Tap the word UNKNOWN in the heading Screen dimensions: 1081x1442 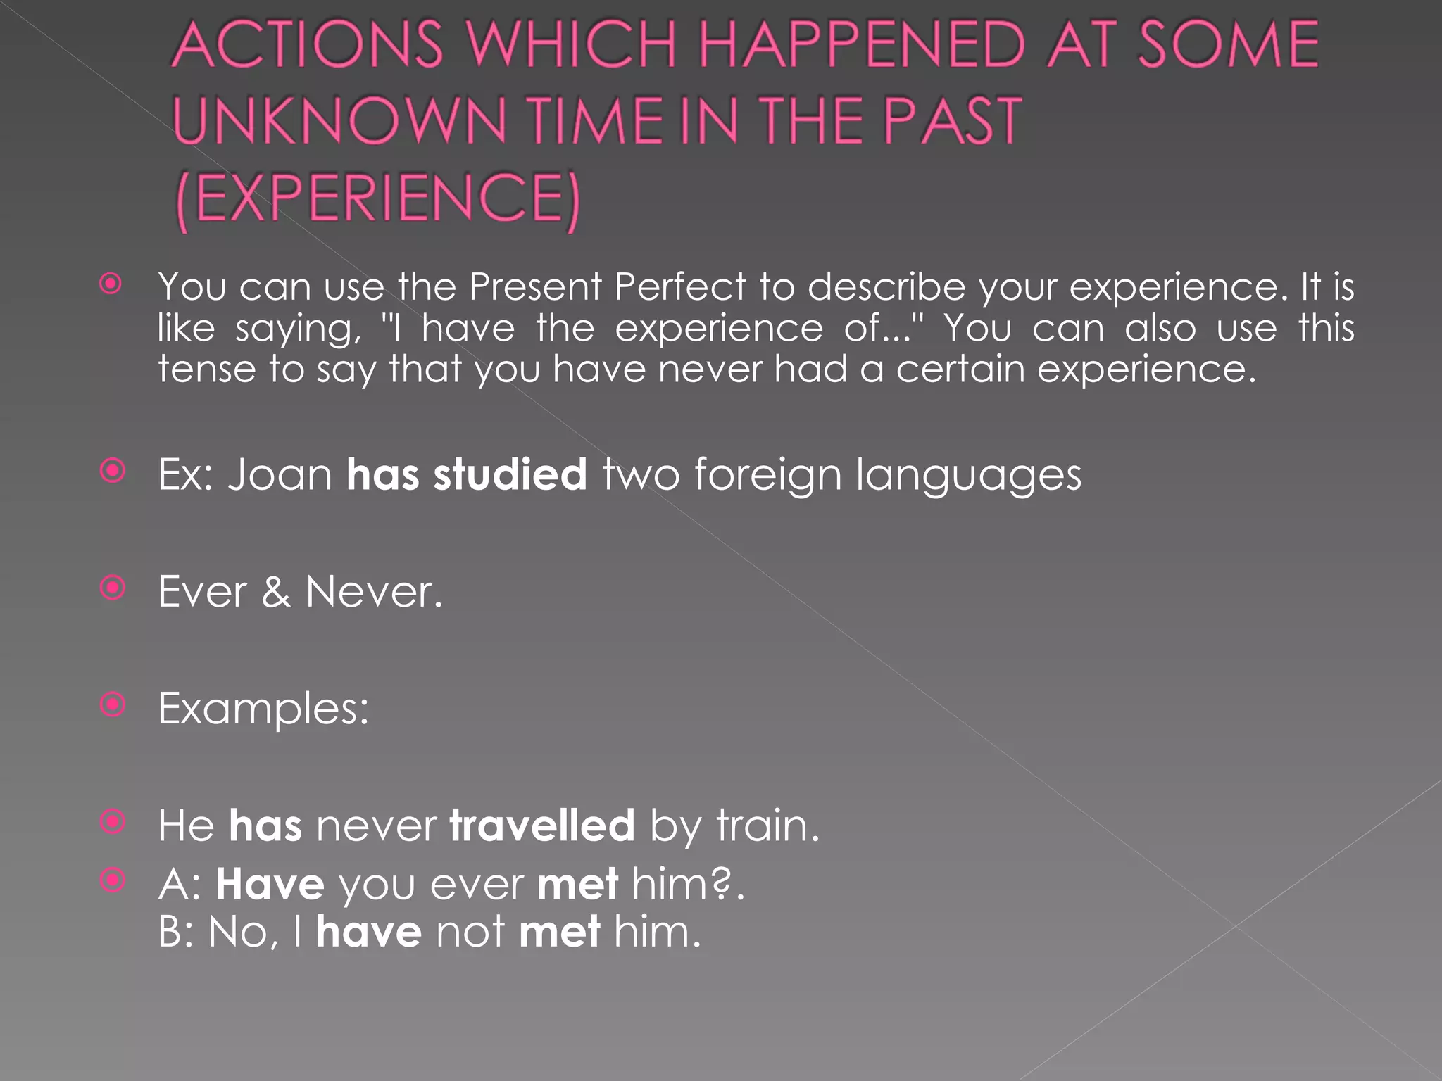339,121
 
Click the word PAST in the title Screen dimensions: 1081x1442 951,121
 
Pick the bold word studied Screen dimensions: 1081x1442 510,474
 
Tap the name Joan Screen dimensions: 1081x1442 280,474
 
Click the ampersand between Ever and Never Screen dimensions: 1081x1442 276,592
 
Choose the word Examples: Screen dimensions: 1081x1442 263,709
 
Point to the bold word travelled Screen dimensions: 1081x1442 542,825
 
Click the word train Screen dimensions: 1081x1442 767,825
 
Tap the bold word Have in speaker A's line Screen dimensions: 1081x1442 270,884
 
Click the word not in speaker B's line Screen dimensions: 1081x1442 470,933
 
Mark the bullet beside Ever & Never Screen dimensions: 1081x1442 113,588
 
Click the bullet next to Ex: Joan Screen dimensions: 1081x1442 113,470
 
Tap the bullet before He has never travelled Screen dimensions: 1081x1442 113,821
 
